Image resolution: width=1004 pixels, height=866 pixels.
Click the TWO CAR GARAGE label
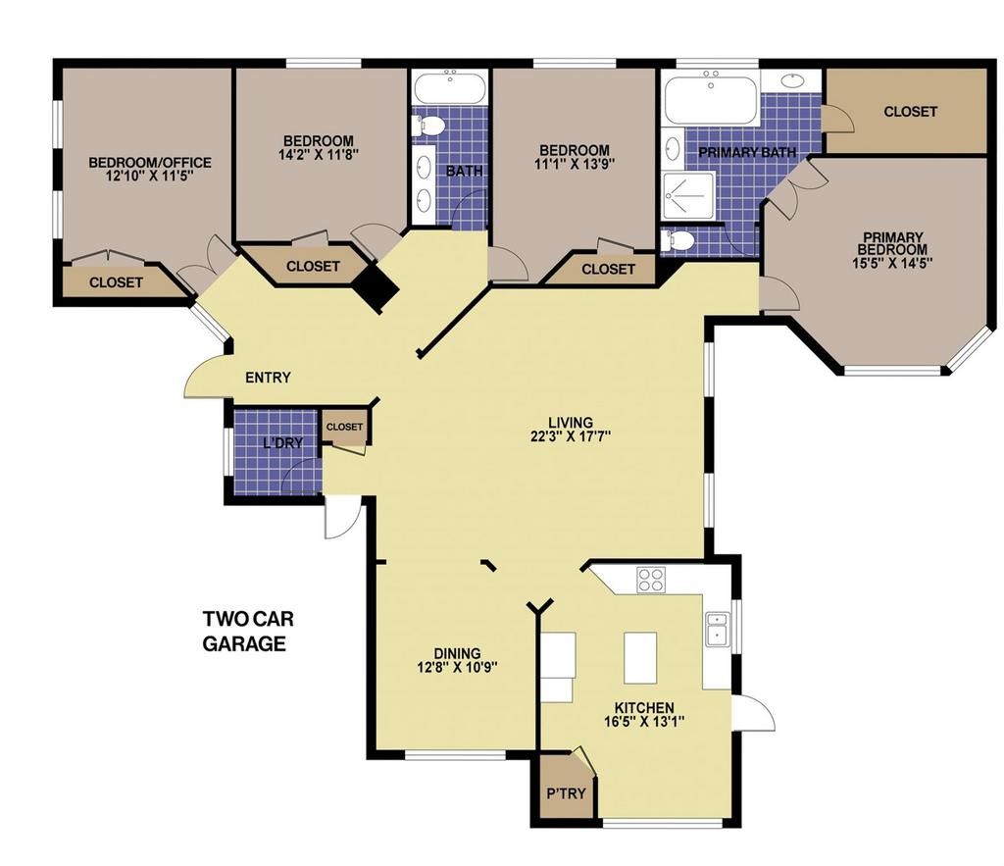pyautogui.click(x=248, y=631)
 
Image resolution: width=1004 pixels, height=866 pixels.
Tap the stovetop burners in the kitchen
pyautogui.click(x=651, y=580)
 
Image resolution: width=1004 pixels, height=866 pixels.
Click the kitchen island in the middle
pyautogui.click(x=640, y=657)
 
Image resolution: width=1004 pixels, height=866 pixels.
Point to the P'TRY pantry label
pyautogui.click(x=566, y=793)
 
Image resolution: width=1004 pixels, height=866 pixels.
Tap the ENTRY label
pyautogui.click(x=268, y=378)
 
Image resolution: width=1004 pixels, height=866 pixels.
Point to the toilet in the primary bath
pyautogui.click(x=678, y=239)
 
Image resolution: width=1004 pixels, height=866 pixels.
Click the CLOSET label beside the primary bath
pyautogui.click(x=910, y=112)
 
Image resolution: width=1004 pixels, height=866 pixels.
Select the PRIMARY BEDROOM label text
pyautogui.click(x=893, y=243)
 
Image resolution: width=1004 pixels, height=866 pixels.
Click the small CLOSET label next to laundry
pyautogui.click(x=344, y=427)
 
